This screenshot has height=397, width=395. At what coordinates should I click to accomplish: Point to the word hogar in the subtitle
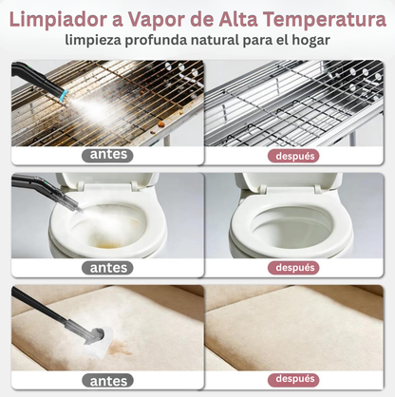(308, 40)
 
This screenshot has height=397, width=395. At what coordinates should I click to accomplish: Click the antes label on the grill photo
(106, 155)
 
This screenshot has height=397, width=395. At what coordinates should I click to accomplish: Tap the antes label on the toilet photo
(106, 268)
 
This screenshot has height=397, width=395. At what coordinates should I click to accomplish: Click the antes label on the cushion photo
(106, 380)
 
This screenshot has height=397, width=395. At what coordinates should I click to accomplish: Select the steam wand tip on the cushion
(95, 334)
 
